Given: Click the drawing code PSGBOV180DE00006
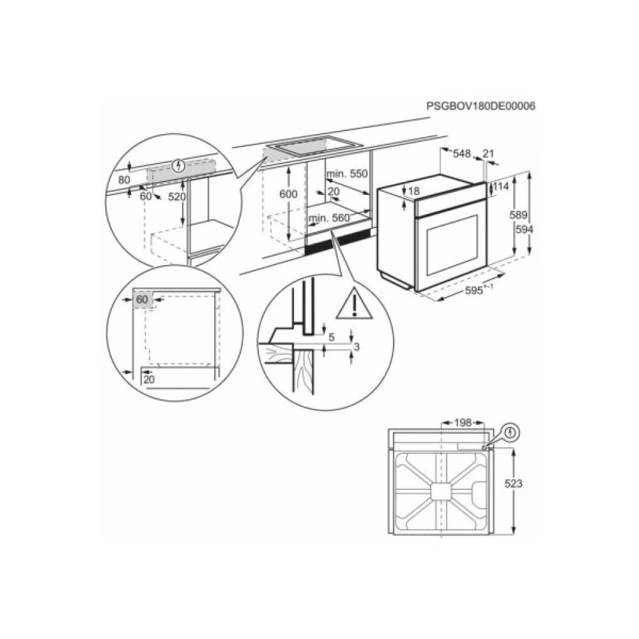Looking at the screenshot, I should coord(480,106).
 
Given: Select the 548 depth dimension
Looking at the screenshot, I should coord(462,153).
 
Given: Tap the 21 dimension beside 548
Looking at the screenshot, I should coord(489,153).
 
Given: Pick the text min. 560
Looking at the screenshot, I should coord(329,219).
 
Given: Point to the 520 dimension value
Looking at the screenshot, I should coord(176,197).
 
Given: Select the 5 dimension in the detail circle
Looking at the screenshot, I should coord(330,337).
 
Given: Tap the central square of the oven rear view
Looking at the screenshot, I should coord(440,491).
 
